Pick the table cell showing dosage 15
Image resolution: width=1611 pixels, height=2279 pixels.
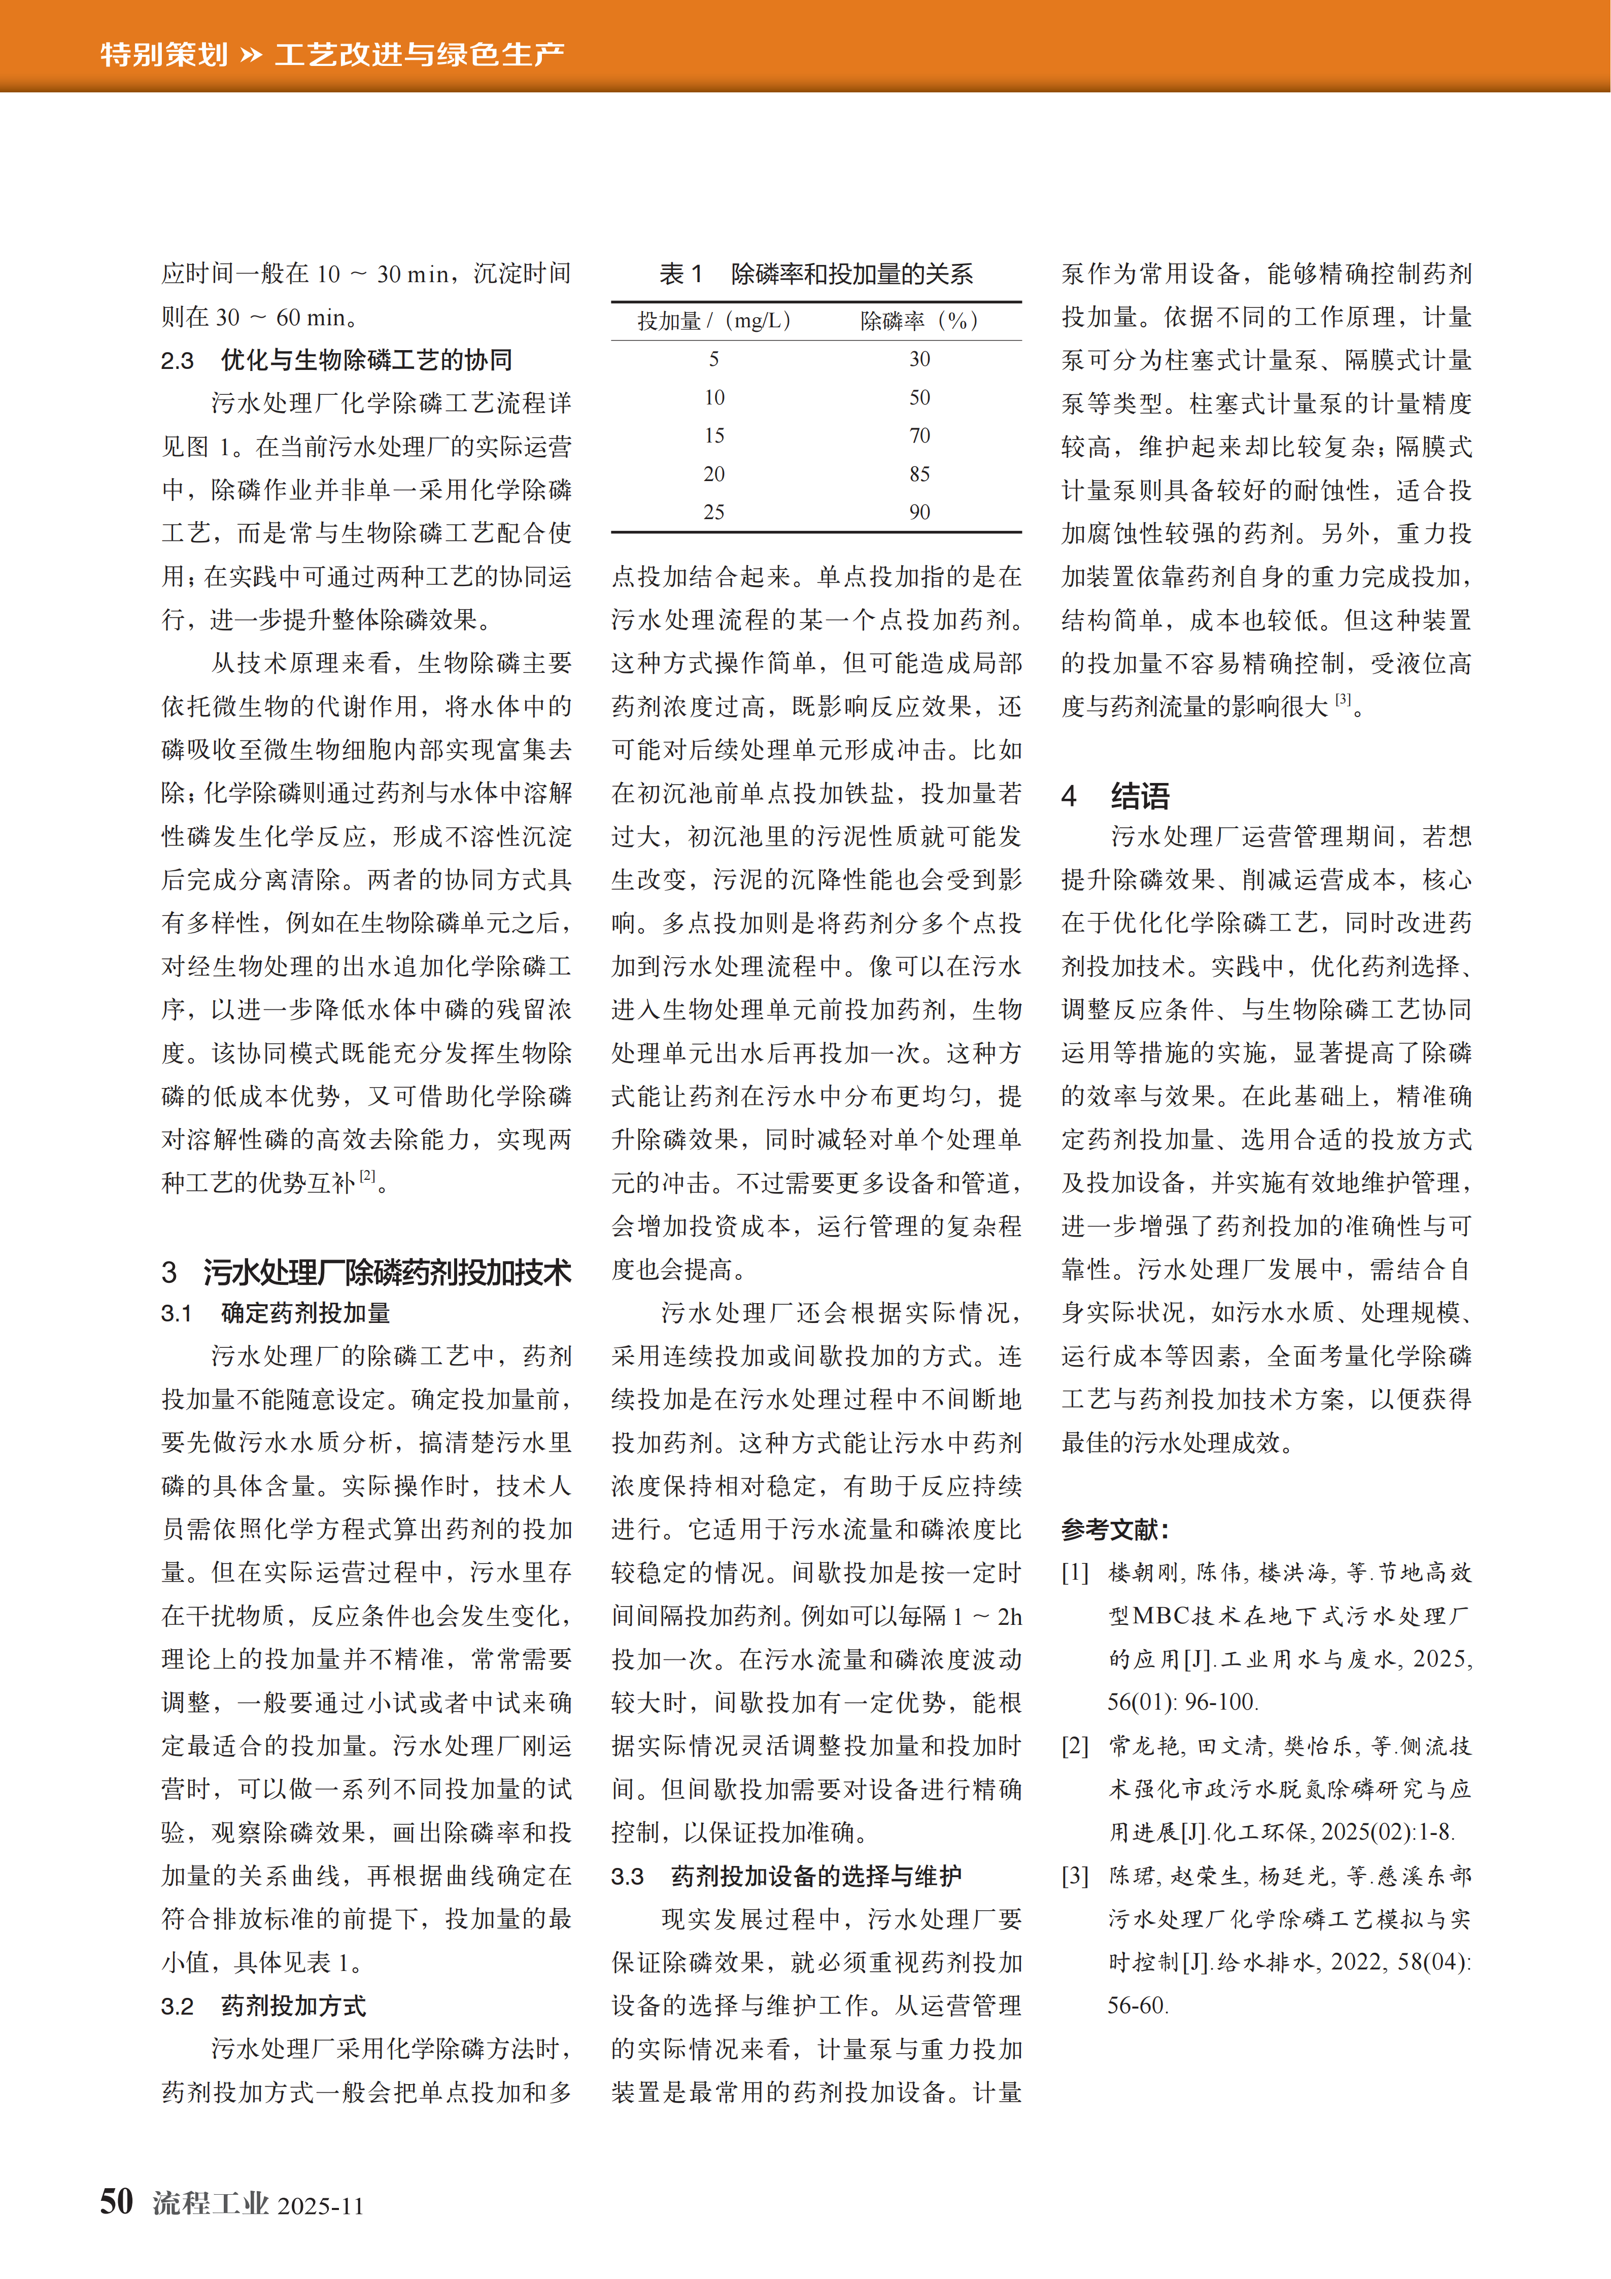(714, 436)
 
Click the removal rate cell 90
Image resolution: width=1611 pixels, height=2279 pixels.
(919, 512)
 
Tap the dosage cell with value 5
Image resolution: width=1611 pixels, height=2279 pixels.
(714, 359)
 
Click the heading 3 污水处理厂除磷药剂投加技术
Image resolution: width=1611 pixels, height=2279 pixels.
(366, 1272)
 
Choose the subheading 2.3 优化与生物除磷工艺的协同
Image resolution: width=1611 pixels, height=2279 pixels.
(336, 360)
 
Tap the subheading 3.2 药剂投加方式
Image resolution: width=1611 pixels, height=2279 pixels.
(263, 2006)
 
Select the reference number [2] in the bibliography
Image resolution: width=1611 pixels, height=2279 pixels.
(1075, 1746)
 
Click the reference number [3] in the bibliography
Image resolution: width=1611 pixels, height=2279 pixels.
(1075, 1876)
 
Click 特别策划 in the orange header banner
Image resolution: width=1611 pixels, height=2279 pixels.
(164, 54)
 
